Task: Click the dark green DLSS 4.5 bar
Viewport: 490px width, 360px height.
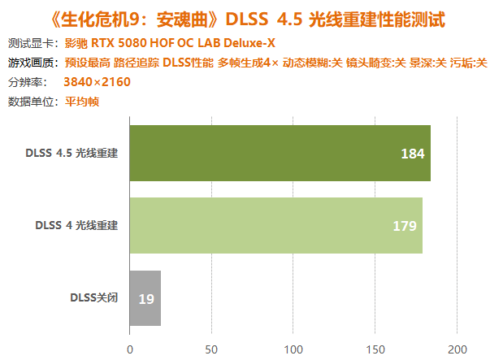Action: pyautogui.click(x=280, y=153)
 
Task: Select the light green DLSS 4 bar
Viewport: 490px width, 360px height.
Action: pyautogui.click(x=276, y=225)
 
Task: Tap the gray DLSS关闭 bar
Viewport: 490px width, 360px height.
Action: pyautogui.click(x=145, y=298)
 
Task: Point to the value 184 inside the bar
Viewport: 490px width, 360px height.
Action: pyautogui.click(x=413, y=154)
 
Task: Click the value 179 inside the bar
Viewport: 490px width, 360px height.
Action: pyautogui.click(x=405, y=226)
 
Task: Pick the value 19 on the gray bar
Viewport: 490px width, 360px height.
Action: pyautogui.click(x=146, y=299)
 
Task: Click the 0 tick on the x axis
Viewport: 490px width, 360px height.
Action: pyautogui.click(x=130, y=349)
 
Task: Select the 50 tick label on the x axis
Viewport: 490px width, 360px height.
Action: pyautogui.click(x=211, y=349)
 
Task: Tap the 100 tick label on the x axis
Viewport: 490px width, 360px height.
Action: pyautogui.click(x=293, y=349)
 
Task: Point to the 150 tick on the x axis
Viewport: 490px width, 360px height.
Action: pyautogui.click(x=375, y=349)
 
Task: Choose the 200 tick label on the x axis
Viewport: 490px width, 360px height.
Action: pyautogui.click(x=457, y=349)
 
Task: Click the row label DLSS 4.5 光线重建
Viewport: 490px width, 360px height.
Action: pyautogui.click(x=72, y=153)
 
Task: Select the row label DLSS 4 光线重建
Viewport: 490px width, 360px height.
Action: pyautogui.click(x=76, y=225)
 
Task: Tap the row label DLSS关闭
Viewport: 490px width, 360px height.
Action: pyautogui.click(x=94, y=297)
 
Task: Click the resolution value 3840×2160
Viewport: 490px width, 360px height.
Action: pyautogui.click(x=97, y=82)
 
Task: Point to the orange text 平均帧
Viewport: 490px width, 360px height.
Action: pyautogui.click(x=82, y=102)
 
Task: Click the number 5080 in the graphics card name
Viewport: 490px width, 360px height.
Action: pyautogui.click(x=132, y=43)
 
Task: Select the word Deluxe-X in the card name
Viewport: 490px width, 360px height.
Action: pyautogui.click(x=249, y=43)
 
